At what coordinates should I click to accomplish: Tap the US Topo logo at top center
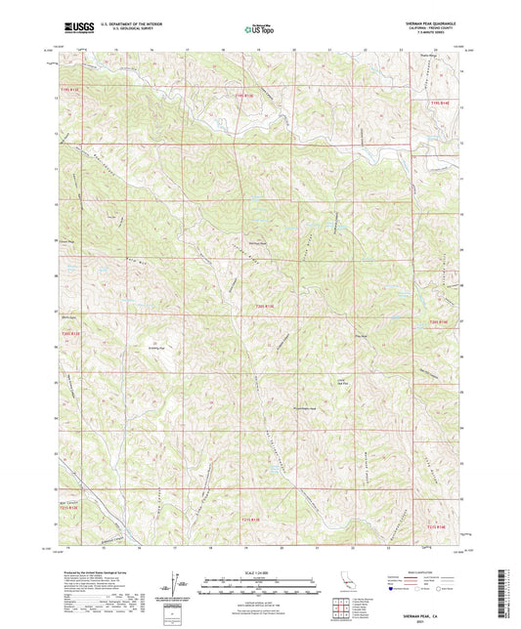[x=258, y=28]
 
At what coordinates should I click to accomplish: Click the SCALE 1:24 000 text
[x=260, y=571]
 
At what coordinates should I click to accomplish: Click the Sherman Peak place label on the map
[x=255, y=242]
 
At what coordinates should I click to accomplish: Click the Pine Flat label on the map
[x=360, y=339]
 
